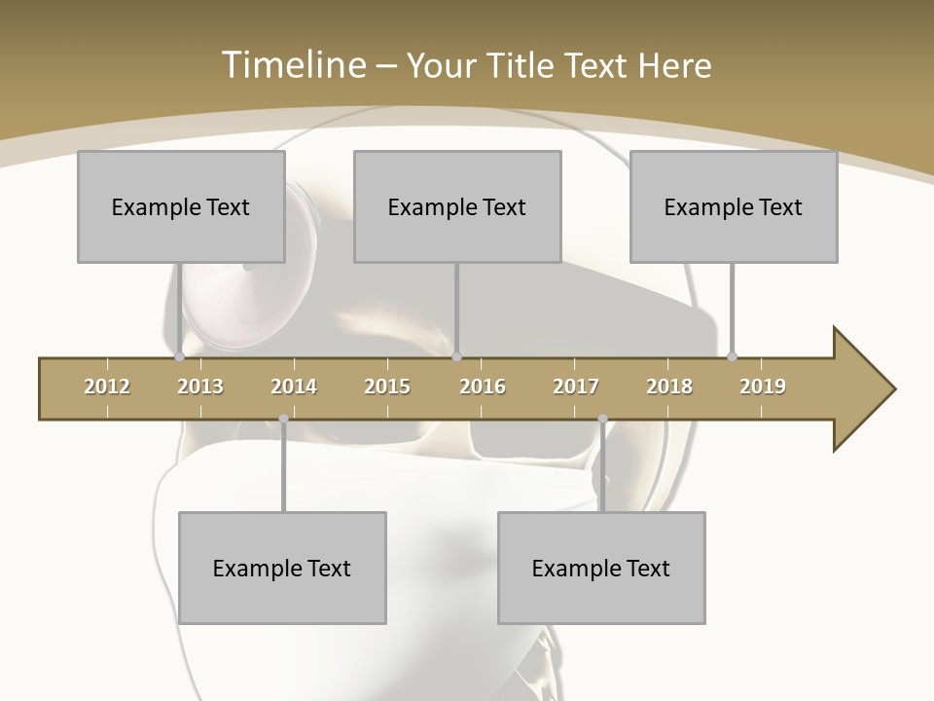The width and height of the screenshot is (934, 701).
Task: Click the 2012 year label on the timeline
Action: pyautogui.click(x=107, y=387)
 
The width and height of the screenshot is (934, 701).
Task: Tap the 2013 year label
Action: pyautogui.click(x=200, y=387)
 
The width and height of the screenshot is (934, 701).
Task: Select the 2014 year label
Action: pyautogui.click(x=294, y=387)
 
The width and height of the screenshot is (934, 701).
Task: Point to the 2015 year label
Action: pyautogui.click(x=387, y=387)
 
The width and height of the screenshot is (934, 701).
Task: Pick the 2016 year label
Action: pyautogui.click(x=483, y=387)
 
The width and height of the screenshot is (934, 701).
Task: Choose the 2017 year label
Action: pyautogui.click(x=576, y=387)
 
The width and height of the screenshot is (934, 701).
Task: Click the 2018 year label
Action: pyautogui.click(x=669, y=387)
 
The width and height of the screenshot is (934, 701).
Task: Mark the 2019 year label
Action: pyautogui.click(x=763, y=387)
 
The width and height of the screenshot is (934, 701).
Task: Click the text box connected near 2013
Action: pyautogui.click(x=181, y=206)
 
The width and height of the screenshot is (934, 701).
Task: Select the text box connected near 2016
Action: pyautogui.click(x=457, y=206)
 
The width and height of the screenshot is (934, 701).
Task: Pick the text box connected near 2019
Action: pyautogui.click(x=734, y=206)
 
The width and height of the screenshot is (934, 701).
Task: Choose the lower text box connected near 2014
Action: pyautogui.click(x=282, y=568)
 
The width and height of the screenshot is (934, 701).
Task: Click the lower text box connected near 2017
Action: pyautogui.click(x=601, y=568)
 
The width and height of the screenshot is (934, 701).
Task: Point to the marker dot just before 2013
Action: pyautogui.click(x=179, y=356)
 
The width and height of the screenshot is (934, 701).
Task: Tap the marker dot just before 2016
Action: pyautogui.click(x=457, y=356)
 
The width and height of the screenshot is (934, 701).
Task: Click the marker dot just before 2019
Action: pyautogui.click(x=733, y=356)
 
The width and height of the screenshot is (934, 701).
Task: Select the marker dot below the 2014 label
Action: pyautogui.click(x=283, y=419)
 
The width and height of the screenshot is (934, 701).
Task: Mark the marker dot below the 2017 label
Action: pyautogui.click(x=602, y=419)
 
